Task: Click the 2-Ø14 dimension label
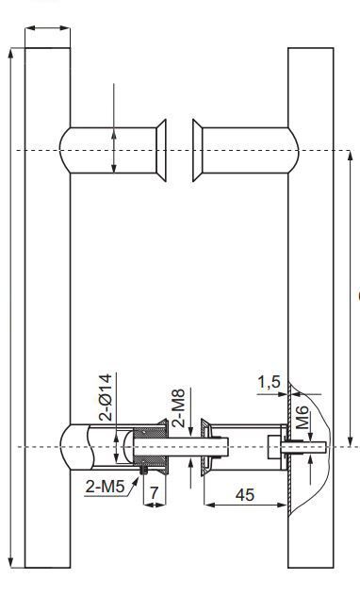point(105,397)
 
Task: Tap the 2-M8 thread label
point(178,407)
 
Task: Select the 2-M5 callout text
point(105,487)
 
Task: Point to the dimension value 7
point(155,492)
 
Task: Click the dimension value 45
point(245,494)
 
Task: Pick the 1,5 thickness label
point(269,382)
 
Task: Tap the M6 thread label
point(303,418)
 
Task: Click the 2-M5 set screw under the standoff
point(143,470)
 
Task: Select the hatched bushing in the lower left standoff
point(151,446)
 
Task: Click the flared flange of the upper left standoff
point(161,151)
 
